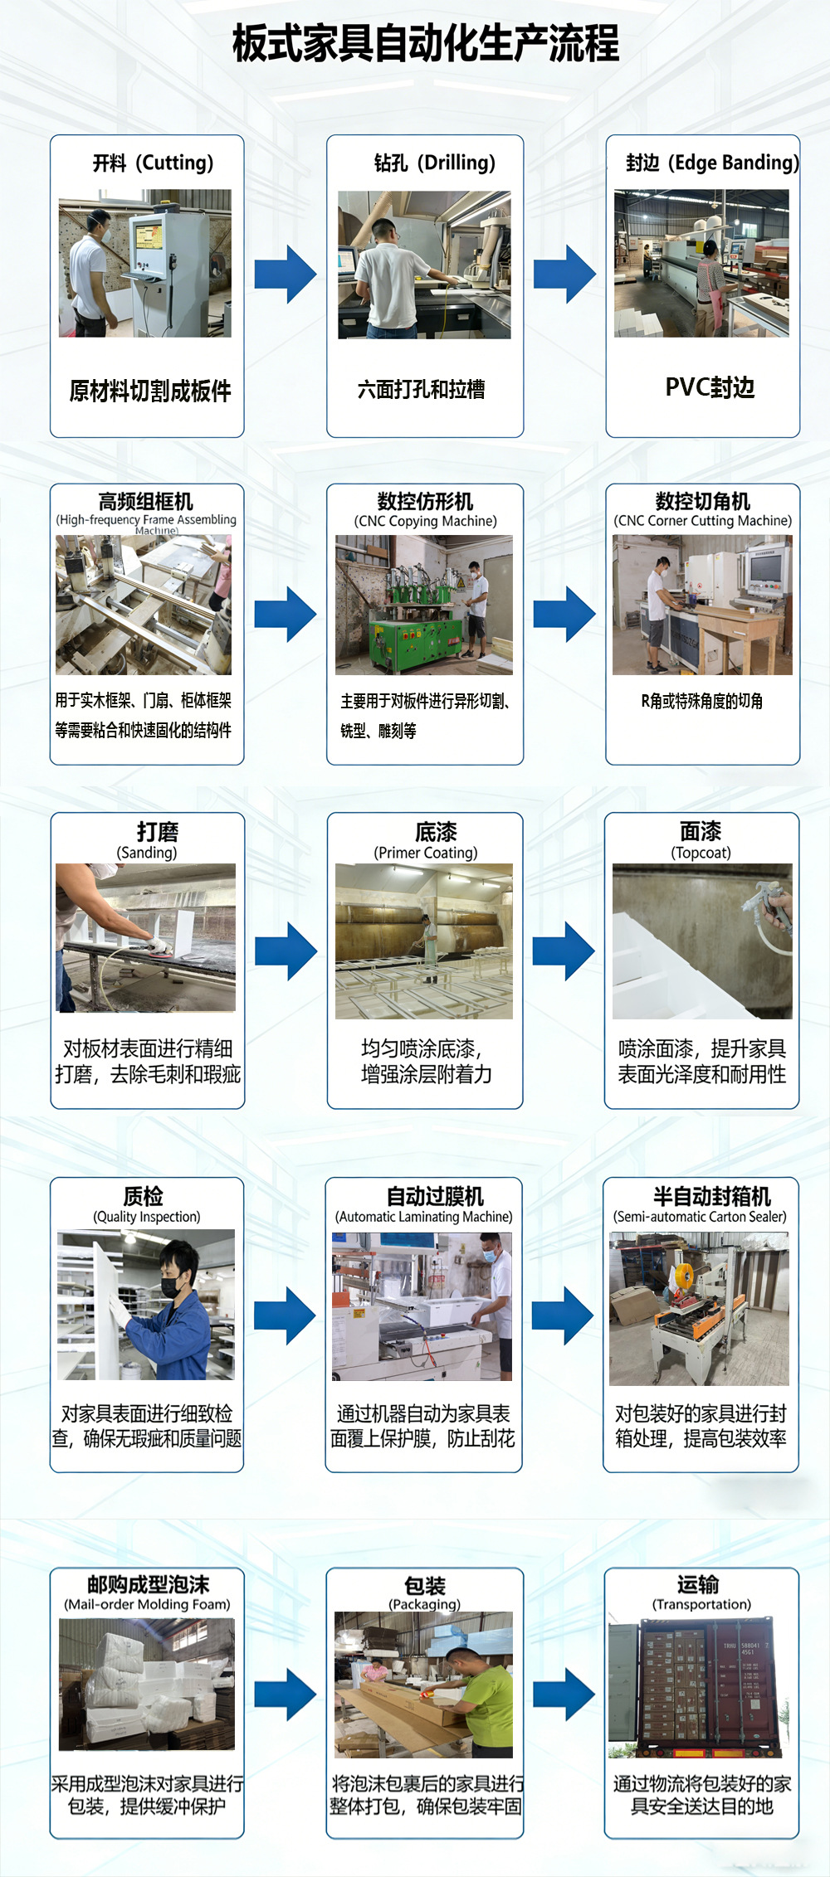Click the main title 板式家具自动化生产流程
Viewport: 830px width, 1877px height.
click(x=425, y=43)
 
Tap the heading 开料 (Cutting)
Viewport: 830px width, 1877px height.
click(x=153, y=163)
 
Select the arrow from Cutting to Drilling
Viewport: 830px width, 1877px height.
click(x=286, y=273)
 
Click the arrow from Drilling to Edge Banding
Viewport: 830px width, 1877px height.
click(x=564, y=273)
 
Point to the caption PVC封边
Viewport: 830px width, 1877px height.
click(x=710, y=387)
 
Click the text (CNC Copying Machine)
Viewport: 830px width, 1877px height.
click(x=426, y=521)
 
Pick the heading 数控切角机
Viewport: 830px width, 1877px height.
click(x=702, y=501)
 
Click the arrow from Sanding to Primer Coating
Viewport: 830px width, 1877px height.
click(x=286, y=951)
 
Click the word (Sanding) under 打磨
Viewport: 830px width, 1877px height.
click(x=147, y=853)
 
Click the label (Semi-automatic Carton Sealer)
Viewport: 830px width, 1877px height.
click(x=701, y=1217)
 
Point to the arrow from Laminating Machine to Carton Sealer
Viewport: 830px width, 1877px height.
click(x=563, y=1315)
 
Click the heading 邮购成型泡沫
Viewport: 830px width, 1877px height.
click(x=149, y=1585)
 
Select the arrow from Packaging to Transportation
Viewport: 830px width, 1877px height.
click(x=564, y=1695)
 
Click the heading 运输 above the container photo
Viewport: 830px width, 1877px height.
click(x=698, y=1585)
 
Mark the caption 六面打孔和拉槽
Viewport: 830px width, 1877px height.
click(x=422, y=389)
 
